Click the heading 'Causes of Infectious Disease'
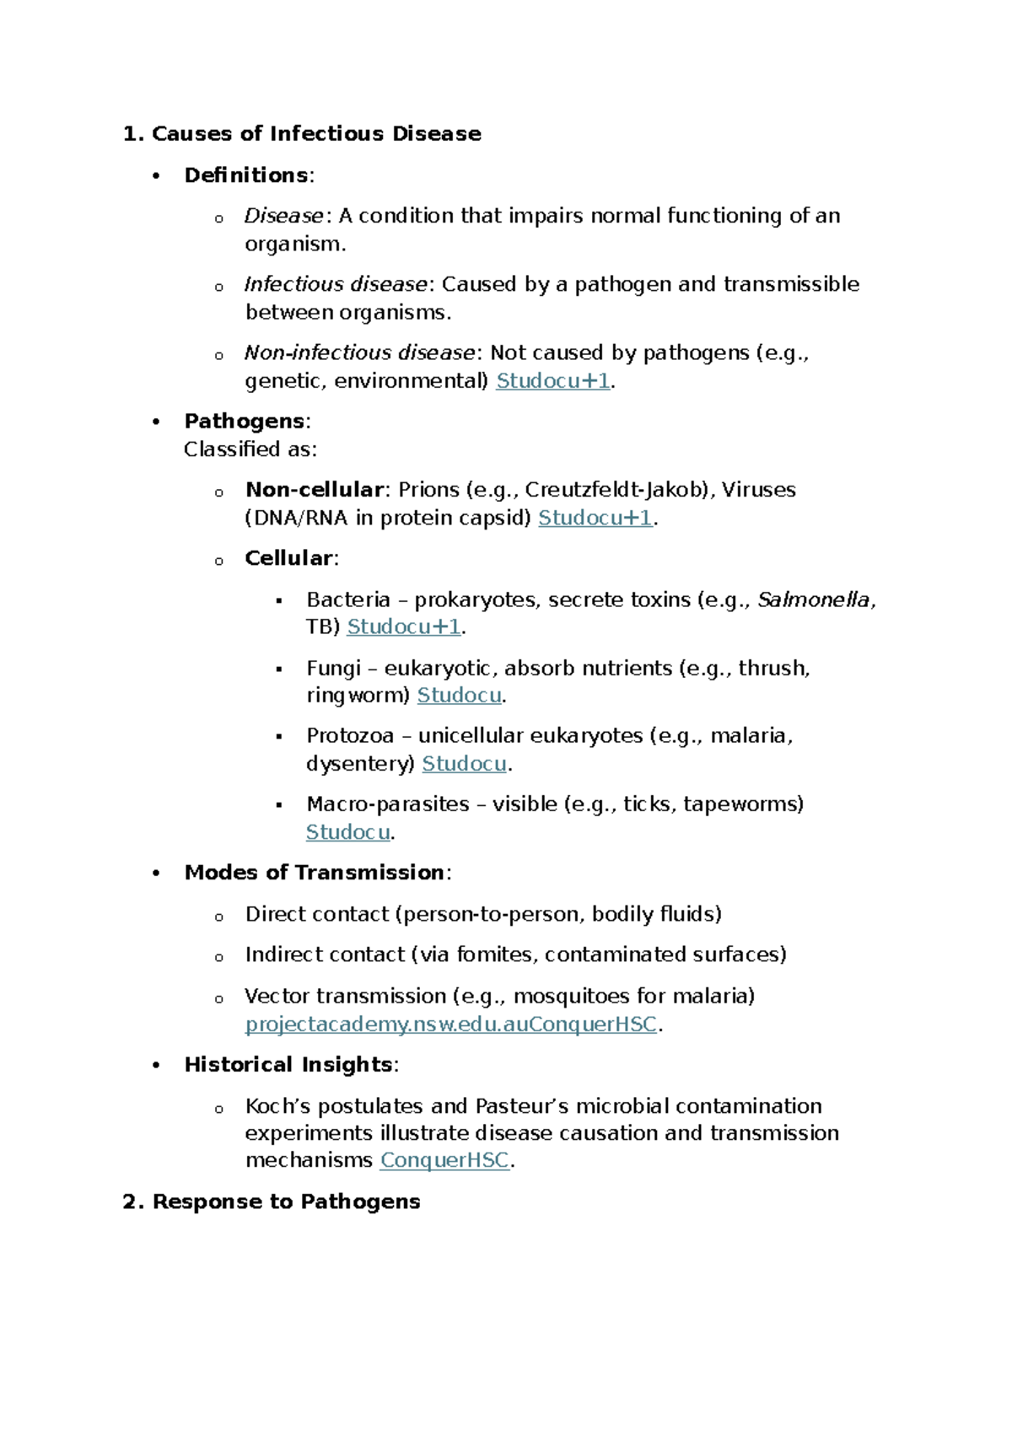click(316, 134)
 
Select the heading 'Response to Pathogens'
click(286, 1202)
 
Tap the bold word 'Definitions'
click(246, 175)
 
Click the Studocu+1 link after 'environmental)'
click(552, 381)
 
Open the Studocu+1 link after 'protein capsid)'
click(595, 518)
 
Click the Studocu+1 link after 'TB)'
click(404, 626)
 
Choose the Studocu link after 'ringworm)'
click(460, 696)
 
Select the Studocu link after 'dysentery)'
click(464, 764)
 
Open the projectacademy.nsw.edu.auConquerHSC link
click(450, 1024)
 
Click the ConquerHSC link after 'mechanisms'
click(444, 1161)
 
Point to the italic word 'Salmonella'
click(813, 600)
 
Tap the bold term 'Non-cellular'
click(315, 490)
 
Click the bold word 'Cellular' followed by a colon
click(288, 558)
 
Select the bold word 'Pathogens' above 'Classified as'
click(245, 422)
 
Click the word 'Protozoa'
click(350, 736)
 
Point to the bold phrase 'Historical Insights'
click(288, 1065)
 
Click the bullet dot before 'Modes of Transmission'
click(156, 874)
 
